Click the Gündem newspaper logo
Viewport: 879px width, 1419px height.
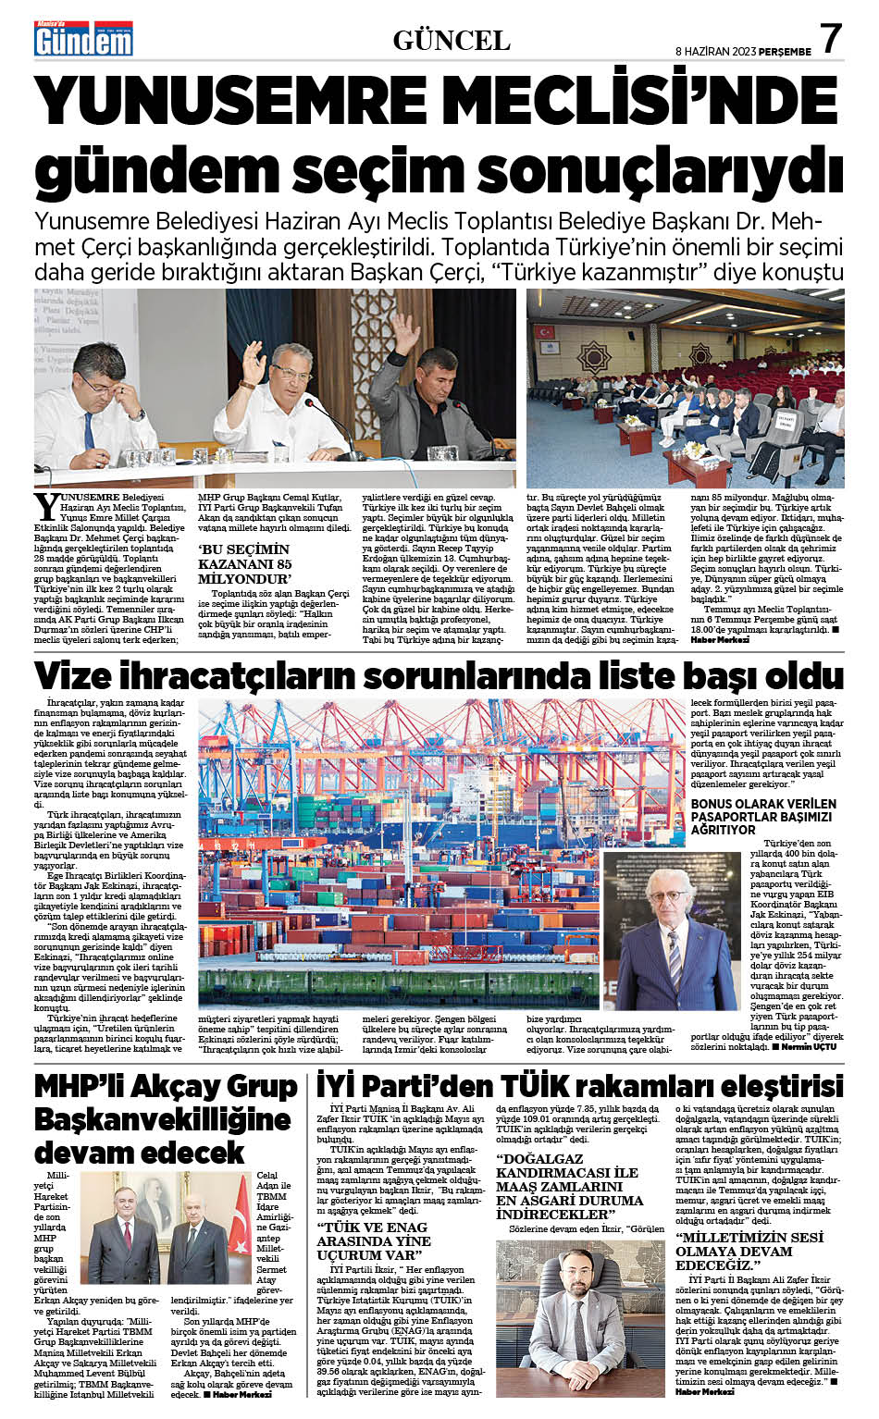click(82, 39)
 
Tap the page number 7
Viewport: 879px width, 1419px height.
click(830, 39)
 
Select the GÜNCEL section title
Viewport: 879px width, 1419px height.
click(452, 41)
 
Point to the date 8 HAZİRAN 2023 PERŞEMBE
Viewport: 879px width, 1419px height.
click(743, 52)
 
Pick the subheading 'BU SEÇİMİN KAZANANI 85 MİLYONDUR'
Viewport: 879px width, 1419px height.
click(246, 563)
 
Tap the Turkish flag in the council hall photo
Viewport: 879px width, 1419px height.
click(545, 330)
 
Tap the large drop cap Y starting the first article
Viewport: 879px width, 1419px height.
click(45, 506)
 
